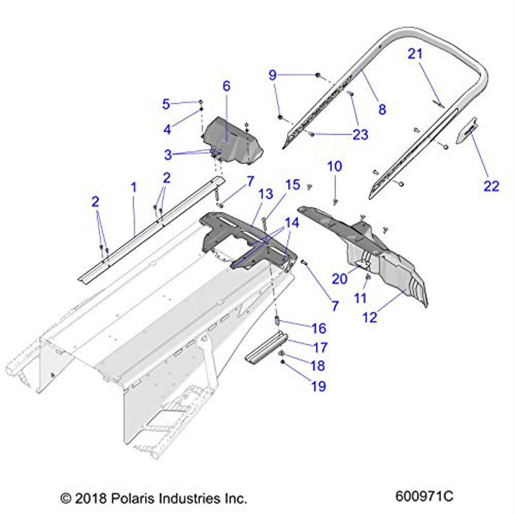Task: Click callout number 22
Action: pos(491,185)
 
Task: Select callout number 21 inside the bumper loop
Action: pos(415,54)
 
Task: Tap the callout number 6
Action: pos(227,86)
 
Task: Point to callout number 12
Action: pos(369,317)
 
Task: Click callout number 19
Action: pos(319,386)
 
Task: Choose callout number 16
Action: pos(319,328)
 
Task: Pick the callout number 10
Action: pos(334,166)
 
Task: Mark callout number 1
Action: pos(133,187)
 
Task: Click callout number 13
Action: pos(266,194)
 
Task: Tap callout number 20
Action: pos(339,278)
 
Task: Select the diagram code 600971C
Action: pos(424,497)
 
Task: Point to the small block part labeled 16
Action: pos(276,322)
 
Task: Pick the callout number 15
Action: pos(293,184)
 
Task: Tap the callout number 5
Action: pos(166,104)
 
